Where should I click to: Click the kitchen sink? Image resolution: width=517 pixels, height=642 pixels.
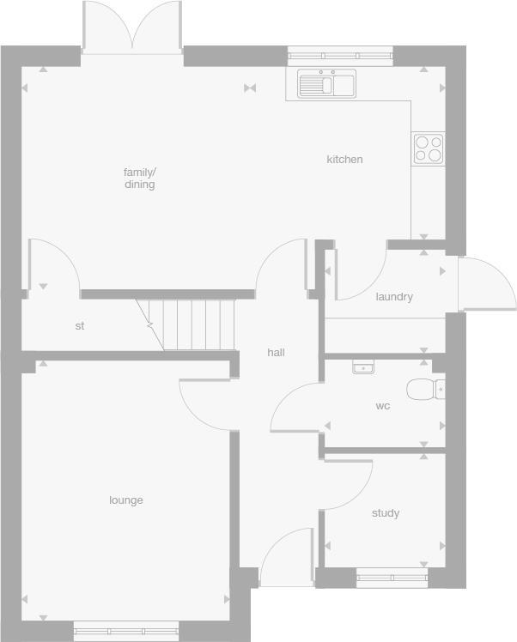click(x=326, y=84)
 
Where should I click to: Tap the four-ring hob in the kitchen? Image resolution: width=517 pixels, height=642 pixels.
click(x=428, y=148)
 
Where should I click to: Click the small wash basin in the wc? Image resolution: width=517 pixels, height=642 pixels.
click(x=363, y=367)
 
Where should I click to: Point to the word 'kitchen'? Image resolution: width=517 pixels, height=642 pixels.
click(x=344, y=159)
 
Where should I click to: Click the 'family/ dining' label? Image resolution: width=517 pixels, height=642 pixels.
click(x=139, y=179)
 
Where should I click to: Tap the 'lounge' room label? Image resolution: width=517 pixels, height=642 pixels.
click(x=126, y=500)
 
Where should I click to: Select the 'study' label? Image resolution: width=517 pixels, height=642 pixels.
click(x=386, y=513)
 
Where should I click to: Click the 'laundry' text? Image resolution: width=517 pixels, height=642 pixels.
click(x=394, y=297)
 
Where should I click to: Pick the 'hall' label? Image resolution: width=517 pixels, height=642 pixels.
click(x=276, y=353)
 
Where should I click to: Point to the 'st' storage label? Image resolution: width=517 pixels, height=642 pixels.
click(x=80, y=326)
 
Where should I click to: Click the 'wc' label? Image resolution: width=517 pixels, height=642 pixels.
click(x=383, y=406)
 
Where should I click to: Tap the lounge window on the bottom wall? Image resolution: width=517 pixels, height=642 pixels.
click(x=125, y=631)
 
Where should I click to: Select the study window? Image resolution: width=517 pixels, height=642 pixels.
click(x=392, y=578)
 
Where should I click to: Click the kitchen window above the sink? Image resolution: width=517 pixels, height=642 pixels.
click(x=340, y=55)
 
